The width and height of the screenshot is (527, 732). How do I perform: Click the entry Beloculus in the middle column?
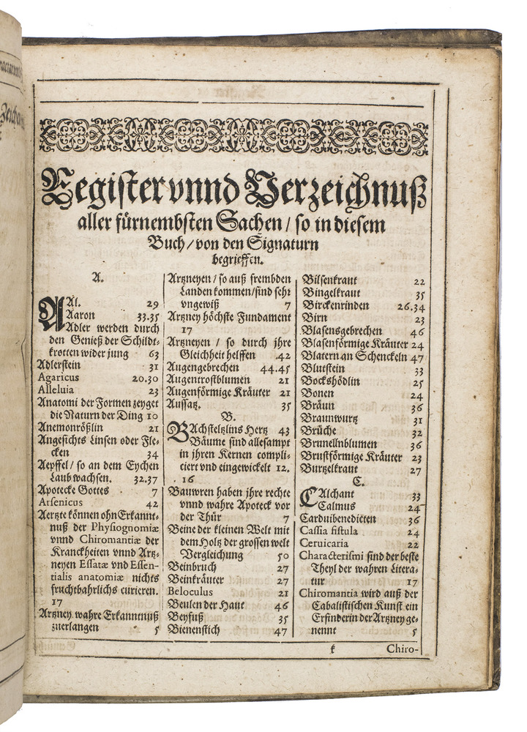point(190,593)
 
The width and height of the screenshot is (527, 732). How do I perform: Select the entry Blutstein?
point(325,370)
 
